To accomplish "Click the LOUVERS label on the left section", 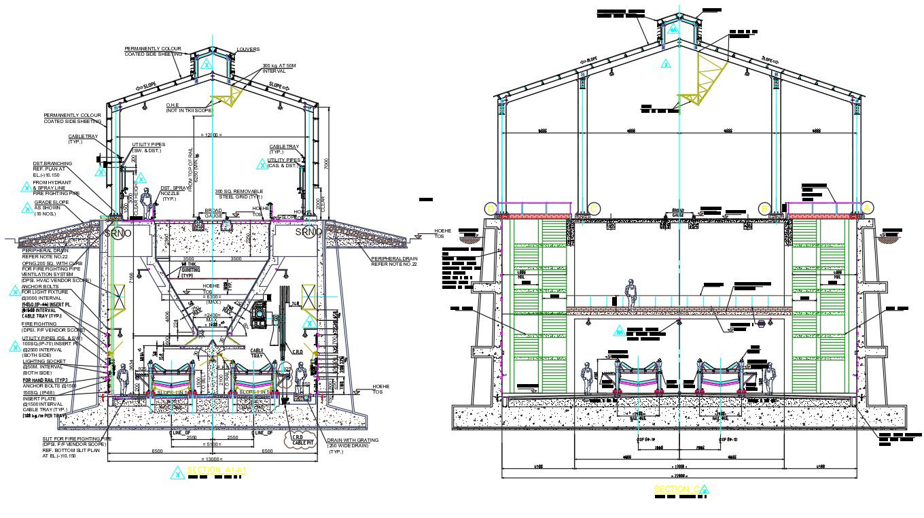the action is (248, 50).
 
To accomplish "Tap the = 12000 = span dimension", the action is (213, 135).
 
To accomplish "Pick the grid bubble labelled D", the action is (491, 208).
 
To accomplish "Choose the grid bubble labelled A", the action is (868, 208).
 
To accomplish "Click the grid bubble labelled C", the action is (594, 208).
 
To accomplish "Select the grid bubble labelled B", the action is (764, 208).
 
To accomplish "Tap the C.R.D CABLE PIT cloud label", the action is (298, 441).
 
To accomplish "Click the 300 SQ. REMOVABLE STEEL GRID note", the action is (238, 194).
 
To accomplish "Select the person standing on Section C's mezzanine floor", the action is (631, 294).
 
